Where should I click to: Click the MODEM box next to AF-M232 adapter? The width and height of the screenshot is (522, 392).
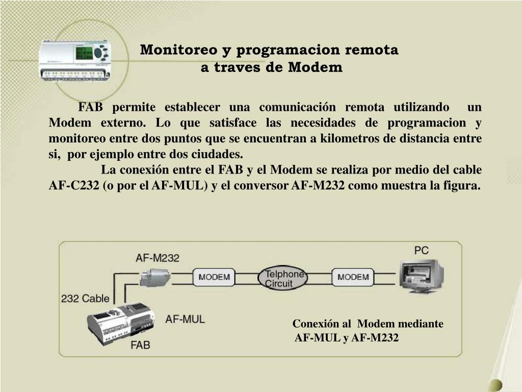pyautogui.click(x=214, y=277)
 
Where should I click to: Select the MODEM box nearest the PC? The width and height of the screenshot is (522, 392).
pyautogui.click(x=353, y=277)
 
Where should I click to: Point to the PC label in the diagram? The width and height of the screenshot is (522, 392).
pyautogui.click(x=421, y=250)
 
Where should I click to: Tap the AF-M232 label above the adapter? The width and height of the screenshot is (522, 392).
pyautogui.click(x=158, y=258)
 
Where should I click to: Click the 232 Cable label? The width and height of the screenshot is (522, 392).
pyautogui.click(x=85, y=298)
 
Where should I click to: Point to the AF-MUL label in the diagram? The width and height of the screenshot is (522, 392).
pyautogui.click(x=185, y=320)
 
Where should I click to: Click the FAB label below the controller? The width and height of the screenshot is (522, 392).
pyautogui.click(x=140, y=345)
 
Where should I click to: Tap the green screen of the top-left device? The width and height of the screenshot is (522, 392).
pyautogui.click(x=84, y=53)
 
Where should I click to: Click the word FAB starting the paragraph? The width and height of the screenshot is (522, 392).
pyautogui.click(x=91, y=108)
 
